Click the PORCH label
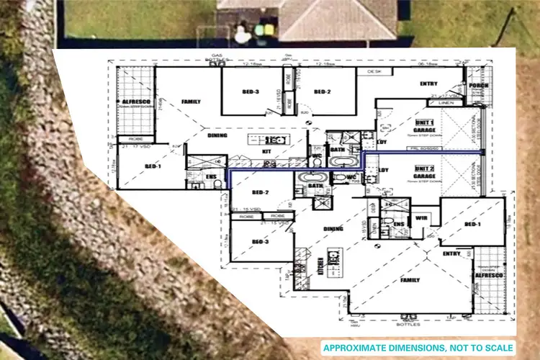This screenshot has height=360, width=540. [x=477, y=86]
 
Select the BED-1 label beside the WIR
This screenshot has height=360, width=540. [x=472, y=225]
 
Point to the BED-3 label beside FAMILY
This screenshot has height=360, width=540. [x=251, y=91]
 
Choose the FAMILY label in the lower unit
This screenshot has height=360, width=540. [x=410, y=280]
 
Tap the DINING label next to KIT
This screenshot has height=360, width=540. [x=217, y=135]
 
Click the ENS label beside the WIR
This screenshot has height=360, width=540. [x=399, y=224]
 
